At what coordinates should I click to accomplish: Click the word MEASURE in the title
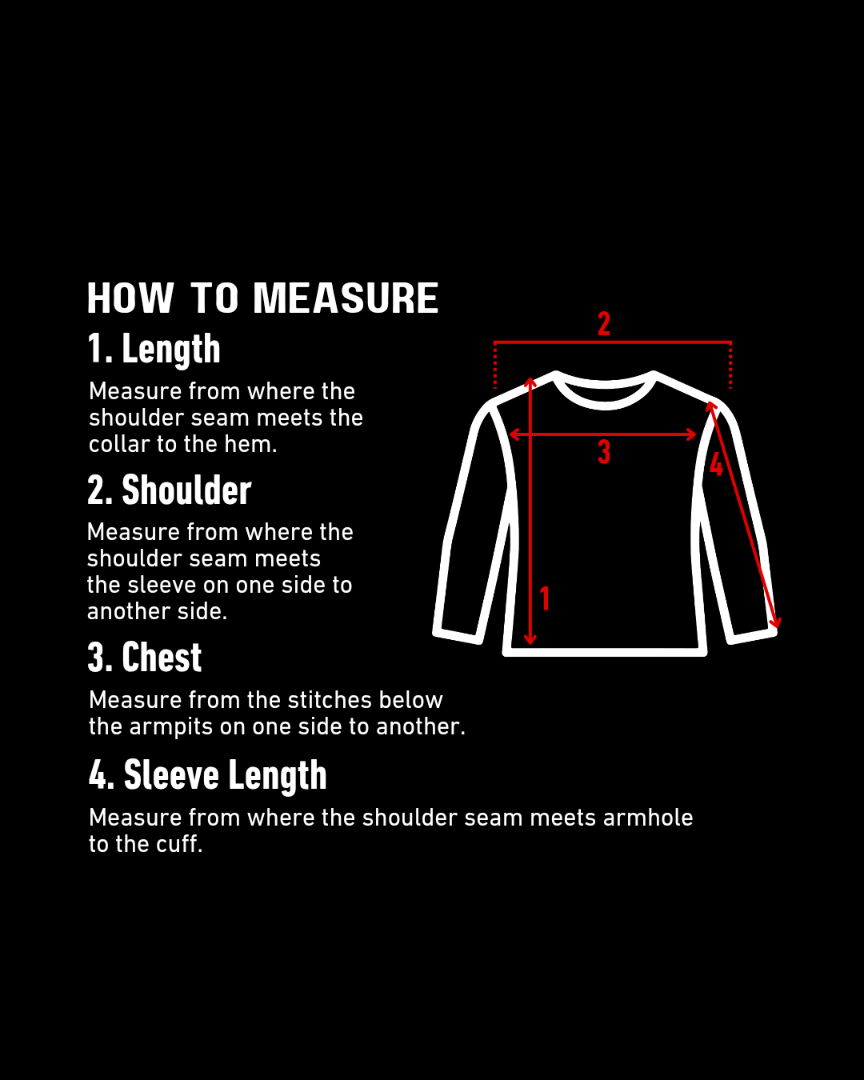point(346,298)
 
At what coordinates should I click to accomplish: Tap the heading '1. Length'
point(154,350)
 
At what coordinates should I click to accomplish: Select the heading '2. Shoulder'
point(169,490)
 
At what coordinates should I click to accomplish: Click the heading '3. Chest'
point(145,657)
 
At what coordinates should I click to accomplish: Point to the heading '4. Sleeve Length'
point(208,775)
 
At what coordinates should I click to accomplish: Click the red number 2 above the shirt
point(604,324)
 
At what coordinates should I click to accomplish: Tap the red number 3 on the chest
point(604,452)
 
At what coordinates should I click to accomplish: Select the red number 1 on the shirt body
point(545,598)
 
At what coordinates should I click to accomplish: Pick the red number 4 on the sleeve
point(717,463)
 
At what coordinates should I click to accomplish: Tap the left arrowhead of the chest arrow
point(513,434)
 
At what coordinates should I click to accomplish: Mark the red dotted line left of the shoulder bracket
point(495,366)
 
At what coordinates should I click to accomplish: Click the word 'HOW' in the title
point(130,298)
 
